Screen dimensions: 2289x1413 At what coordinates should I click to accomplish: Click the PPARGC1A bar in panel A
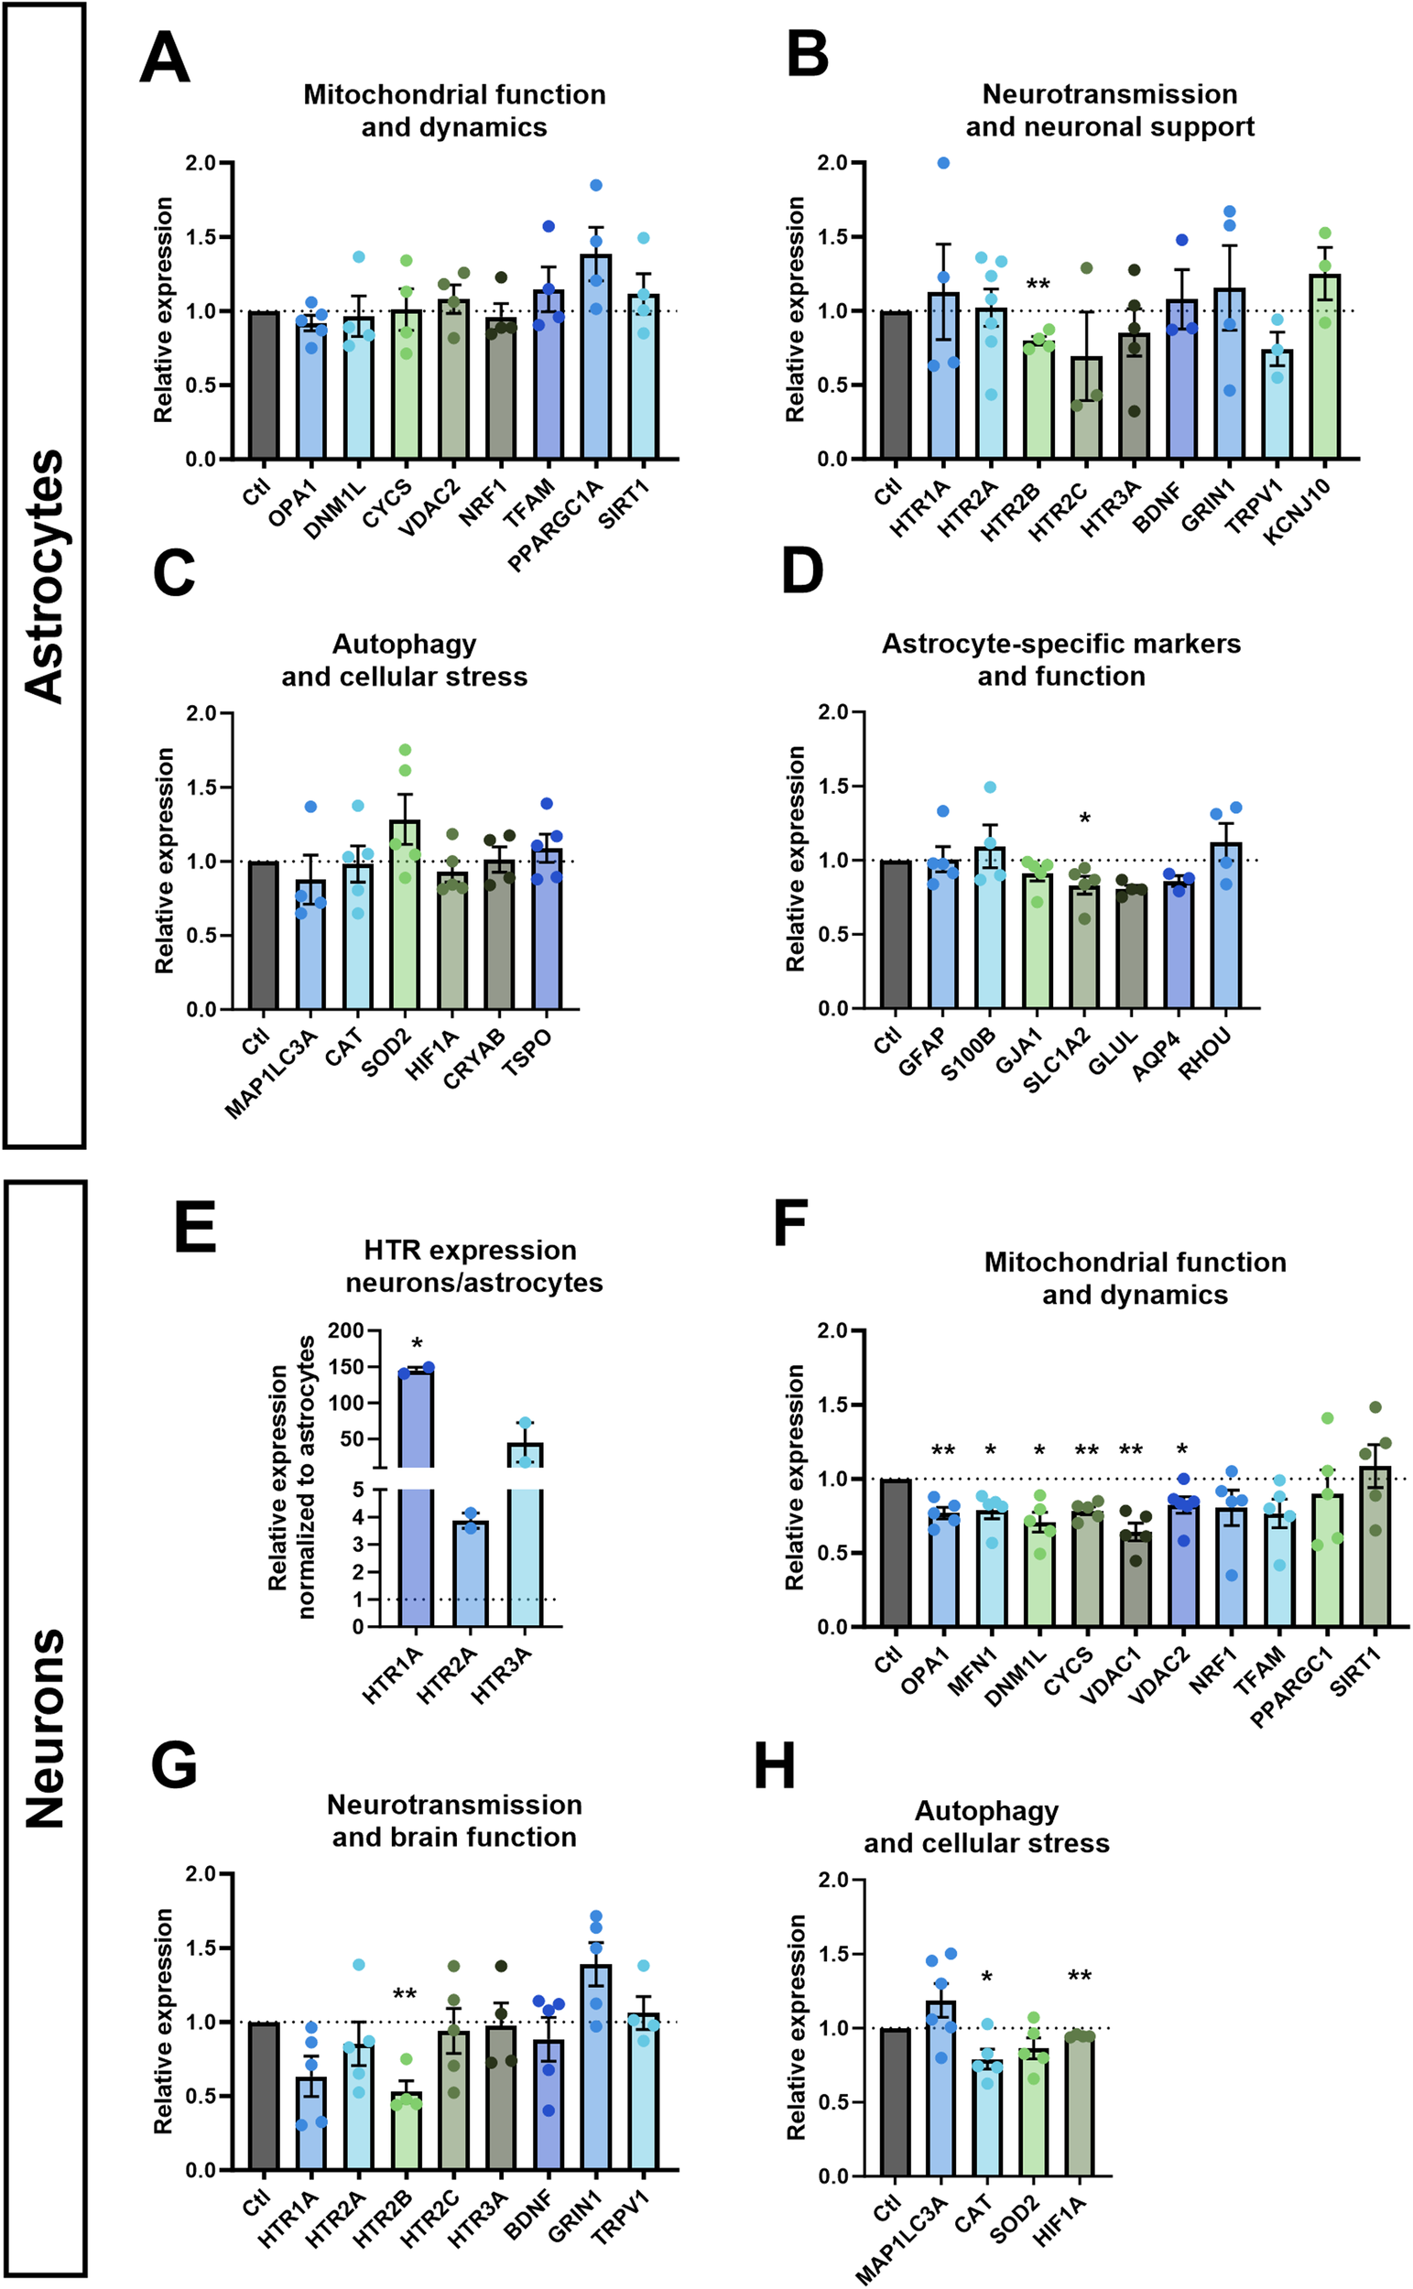tap(596, 360)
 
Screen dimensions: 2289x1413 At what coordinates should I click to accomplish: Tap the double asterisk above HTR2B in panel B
tap(1038, 284)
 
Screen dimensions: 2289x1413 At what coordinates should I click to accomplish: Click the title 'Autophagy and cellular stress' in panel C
tap(405, 659)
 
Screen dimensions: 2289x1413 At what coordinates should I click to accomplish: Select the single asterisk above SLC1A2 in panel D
tap(1085, 819)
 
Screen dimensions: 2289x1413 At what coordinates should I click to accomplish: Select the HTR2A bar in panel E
tap(470, 1576)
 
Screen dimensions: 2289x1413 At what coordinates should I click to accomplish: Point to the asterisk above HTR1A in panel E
tap(417, 1344)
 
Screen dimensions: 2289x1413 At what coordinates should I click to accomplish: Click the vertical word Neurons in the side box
tap(45, 1729)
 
